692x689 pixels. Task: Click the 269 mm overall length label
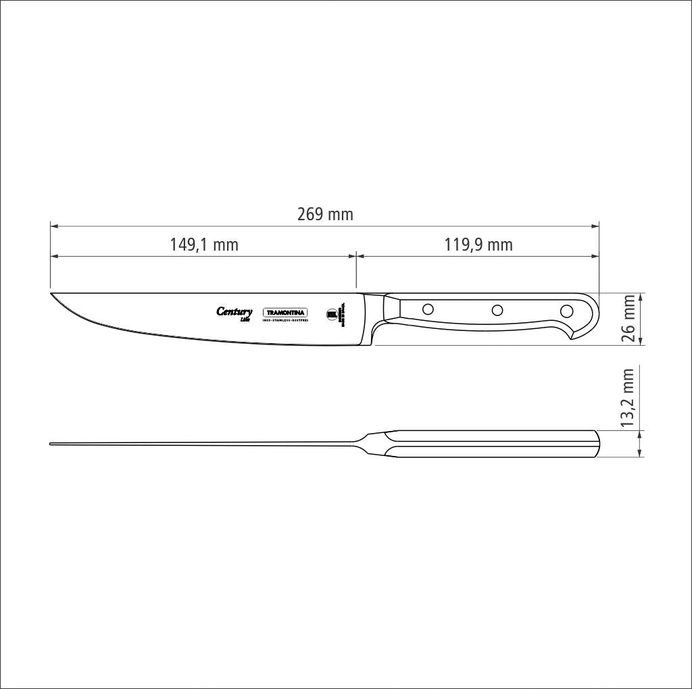325,215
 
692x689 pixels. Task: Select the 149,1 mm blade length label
204,245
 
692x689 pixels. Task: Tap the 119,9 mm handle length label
478,245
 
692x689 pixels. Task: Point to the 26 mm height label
629,319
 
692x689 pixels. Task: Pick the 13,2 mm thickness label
629,398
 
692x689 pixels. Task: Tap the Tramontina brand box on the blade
285,313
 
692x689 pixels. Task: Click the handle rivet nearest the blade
428,309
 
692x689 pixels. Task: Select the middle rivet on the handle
497,310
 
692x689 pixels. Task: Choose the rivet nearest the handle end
566,311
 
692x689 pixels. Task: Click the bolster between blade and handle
376,315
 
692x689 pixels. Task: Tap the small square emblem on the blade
332,313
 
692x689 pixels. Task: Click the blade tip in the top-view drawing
51,444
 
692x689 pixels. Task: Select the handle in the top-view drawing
493,444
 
